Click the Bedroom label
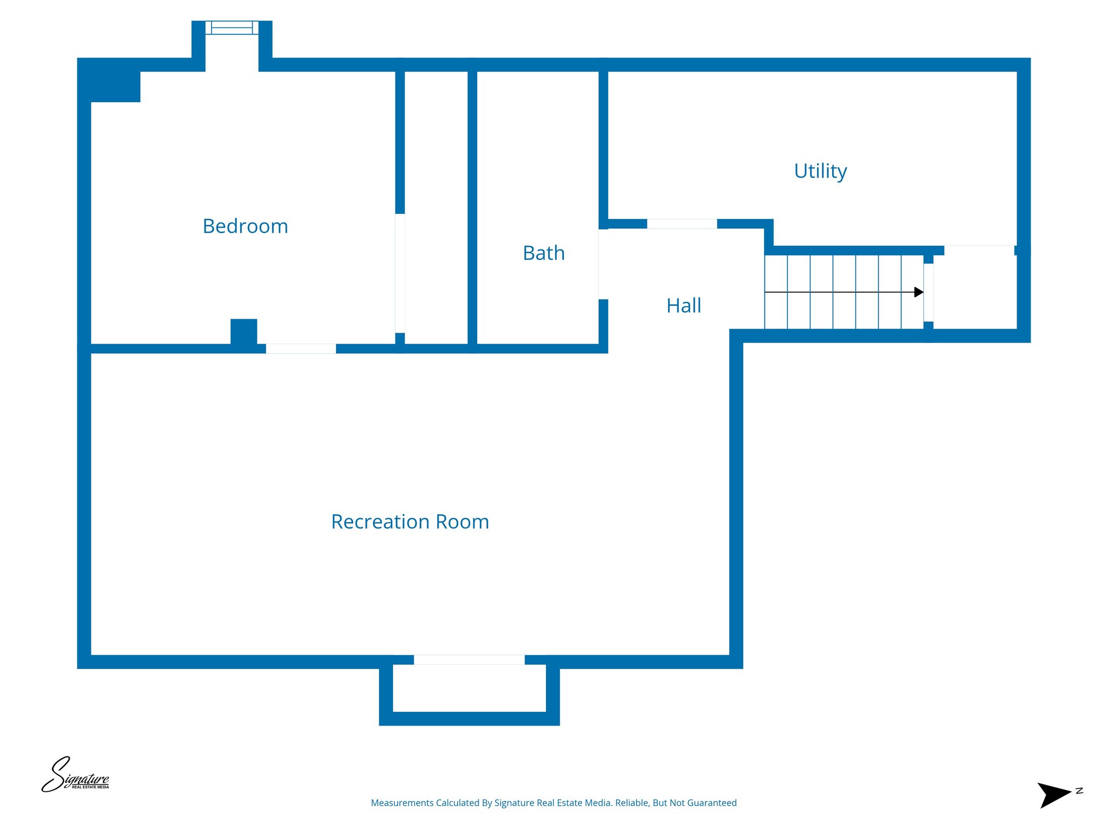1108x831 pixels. pos(245,226)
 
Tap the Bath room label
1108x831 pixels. pos(543,253)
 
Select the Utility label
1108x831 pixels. pos(820,171)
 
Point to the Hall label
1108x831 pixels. pos(683,306)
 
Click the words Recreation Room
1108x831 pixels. pos(410,522)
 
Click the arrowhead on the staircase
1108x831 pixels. pos(918,292)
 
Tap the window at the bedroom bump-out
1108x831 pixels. pos(232,28)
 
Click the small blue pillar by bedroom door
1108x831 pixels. pos(243,331)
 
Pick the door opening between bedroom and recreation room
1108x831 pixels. pos(301,349)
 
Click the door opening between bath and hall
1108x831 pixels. pos(603,264)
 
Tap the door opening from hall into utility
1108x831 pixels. pos(682,224)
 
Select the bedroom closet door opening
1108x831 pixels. pos(400,273)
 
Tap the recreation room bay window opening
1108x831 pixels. pos(469,660)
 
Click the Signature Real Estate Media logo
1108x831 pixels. pos(75,776)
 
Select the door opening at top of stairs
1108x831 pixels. pos(928,293)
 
